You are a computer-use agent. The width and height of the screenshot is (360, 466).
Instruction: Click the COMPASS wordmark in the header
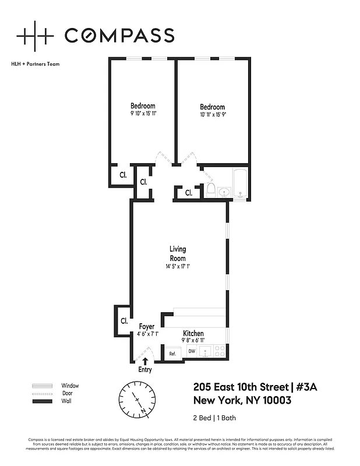119,36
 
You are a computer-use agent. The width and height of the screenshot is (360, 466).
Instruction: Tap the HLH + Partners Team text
36,64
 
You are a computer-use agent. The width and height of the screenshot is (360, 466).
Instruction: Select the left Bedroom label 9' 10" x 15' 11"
143,110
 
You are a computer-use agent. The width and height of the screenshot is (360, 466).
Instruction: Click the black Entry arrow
144,362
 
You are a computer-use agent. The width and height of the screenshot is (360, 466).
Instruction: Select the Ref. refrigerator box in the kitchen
173,353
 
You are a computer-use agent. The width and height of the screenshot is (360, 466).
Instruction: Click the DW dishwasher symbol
191,351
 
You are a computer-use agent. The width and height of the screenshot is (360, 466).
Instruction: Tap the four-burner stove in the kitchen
220,351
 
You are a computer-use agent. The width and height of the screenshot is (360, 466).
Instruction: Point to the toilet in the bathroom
210,190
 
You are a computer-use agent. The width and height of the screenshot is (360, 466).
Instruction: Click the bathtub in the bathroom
241,183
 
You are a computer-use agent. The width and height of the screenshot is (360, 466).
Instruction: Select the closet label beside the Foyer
124,320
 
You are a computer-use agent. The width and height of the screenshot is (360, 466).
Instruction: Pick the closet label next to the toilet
189,193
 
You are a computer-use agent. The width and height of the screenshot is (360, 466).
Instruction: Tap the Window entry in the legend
70,386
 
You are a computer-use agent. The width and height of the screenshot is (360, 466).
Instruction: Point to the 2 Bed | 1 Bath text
214,418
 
